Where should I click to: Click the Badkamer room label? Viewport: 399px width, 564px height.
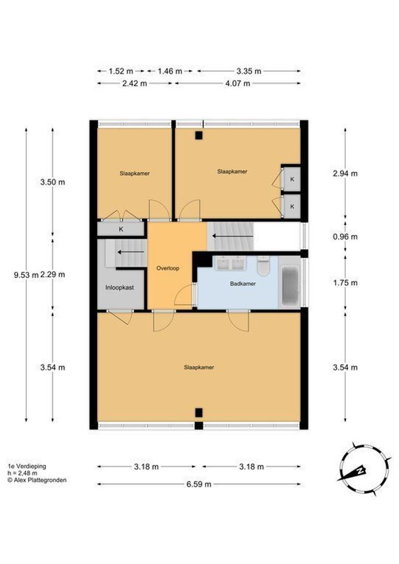(243, 284)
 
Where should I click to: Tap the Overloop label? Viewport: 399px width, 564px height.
(168, 268)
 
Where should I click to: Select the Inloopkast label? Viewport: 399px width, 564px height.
(120, 287)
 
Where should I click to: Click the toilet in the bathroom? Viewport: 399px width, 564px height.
(263, 266)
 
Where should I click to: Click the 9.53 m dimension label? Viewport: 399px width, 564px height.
(26, 275)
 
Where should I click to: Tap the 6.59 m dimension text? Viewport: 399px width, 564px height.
(198, 484)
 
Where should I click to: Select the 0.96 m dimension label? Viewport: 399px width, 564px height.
(345, 237)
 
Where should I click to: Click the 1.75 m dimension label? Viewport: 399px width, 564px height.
(345, 283)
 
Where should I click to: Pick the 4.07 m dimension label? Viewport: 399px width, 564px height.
(238, 84)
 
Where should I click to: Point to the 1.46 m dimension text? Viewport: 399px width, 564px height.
(170, 71)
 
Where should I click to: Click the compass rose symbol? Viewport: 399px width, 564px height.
(364, 469)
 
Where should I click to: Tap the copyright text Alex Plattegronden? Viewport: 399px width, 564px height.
(37, 480)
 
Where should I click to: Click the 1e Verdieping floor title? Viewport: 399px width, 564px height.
(27, 466)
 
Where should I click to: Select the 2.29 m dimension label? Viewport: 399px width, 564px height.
(53, 275)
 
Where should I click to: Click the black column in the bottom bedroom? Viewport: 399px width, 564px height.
(198, 413)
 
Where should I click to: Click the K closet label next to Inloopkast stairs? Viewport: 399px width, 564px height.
(121, 229)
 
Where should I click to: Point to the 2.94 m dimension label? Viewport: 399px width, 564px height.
(345, 173)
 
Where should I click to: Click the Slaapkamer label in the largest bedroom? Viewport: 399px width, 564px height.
(198, 368)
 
